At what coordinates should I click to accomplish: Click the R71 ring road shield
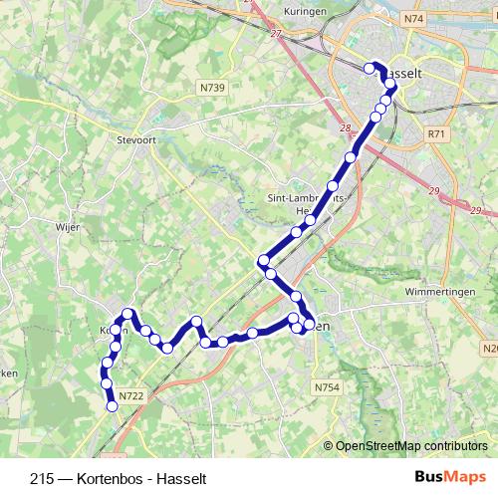(x=435, y=132)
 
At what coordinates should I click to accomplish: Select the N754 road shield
(x=326, y=386)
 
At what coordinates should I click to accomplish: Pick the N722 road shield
(x=130, y=395)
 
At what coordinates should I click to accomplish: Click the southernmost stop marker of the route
(x=112, y=405)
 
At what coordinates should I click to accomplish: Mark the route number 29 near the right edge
(x=475, y=211)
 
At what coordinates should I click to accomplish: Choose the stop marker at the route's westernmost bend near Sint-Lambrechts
(x=264, y=261)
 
